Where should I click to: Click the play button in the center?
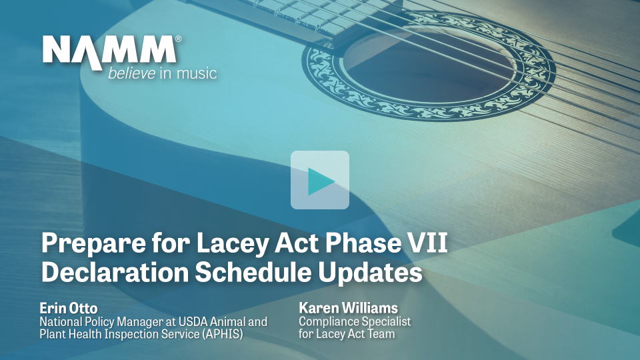pyautogui.click(x=319, y=180)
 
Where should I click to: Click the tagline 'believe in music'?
pyautogui.click(x=162, y=73)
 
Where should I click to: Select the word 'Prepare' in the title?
pyautogui.click(x=93, y=243)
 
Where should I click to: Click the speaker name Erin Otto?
pyautogui.click(x=69, y=308)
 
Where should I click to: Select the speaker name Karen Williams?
pyautogui.click(x=348, y=307)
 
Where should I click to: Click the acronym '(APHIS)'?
pyautogui.click(x=224, y=334)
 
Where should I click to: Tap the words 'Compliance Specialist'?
pyautogui.click(x=355, y=321)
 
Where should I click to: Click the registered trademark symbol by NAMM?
pyautogui.click(x=178, y=39)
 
